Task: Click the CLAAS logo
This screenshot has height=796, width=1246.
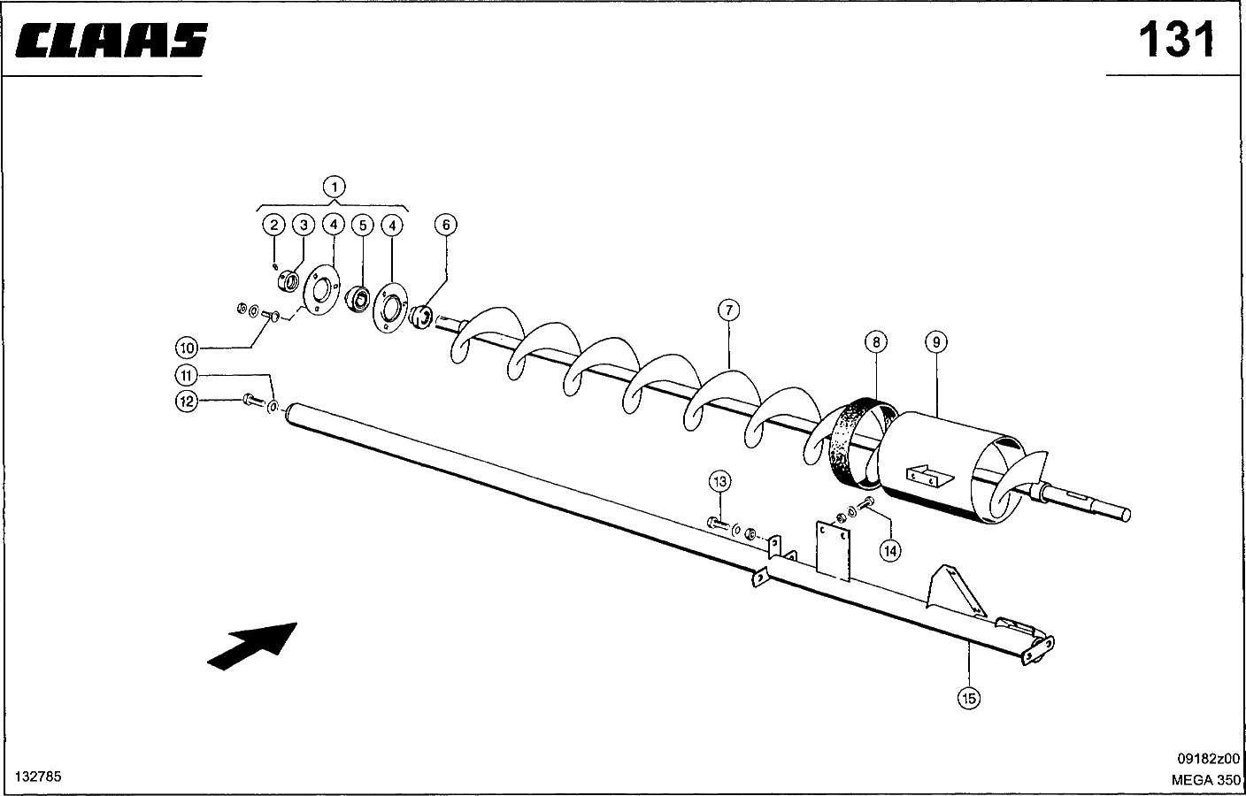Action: click(x=111, y=40)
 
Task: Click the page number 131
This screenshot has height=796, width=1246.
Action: click(x=1176, y=40)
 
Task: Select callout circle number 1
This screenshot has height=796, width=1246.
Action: click(x=334, y=187)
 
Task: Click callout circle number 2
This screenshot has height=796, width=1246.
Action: click(x=274, y=225)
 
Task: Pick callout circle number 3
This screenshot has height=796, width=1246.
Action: click(x=303, y=225)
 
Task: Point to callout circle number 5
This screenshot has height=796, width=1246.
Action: click(x=362, y=225)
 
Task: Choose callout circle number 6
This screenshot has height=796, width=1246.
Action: click(x=446, y=225)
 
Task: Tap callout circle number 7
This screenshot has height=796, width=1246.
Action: click(x=727, y=310)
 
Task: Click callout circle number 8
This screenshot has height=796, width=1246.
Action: click(x=874, y=341)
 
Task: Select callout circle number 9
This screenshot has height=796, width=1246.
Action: click(x=935, y=341)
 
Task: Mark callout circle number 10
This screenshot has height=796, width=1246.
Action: click(x=186, y=346)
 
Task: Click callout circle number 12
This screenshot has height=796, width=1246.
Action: click(x=186, y=402)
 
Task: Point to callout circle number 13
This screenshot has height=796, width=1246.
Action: click(x=719, y=481)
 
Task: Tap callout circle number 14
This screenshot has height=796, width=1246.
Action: click(x=890, y=550)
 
